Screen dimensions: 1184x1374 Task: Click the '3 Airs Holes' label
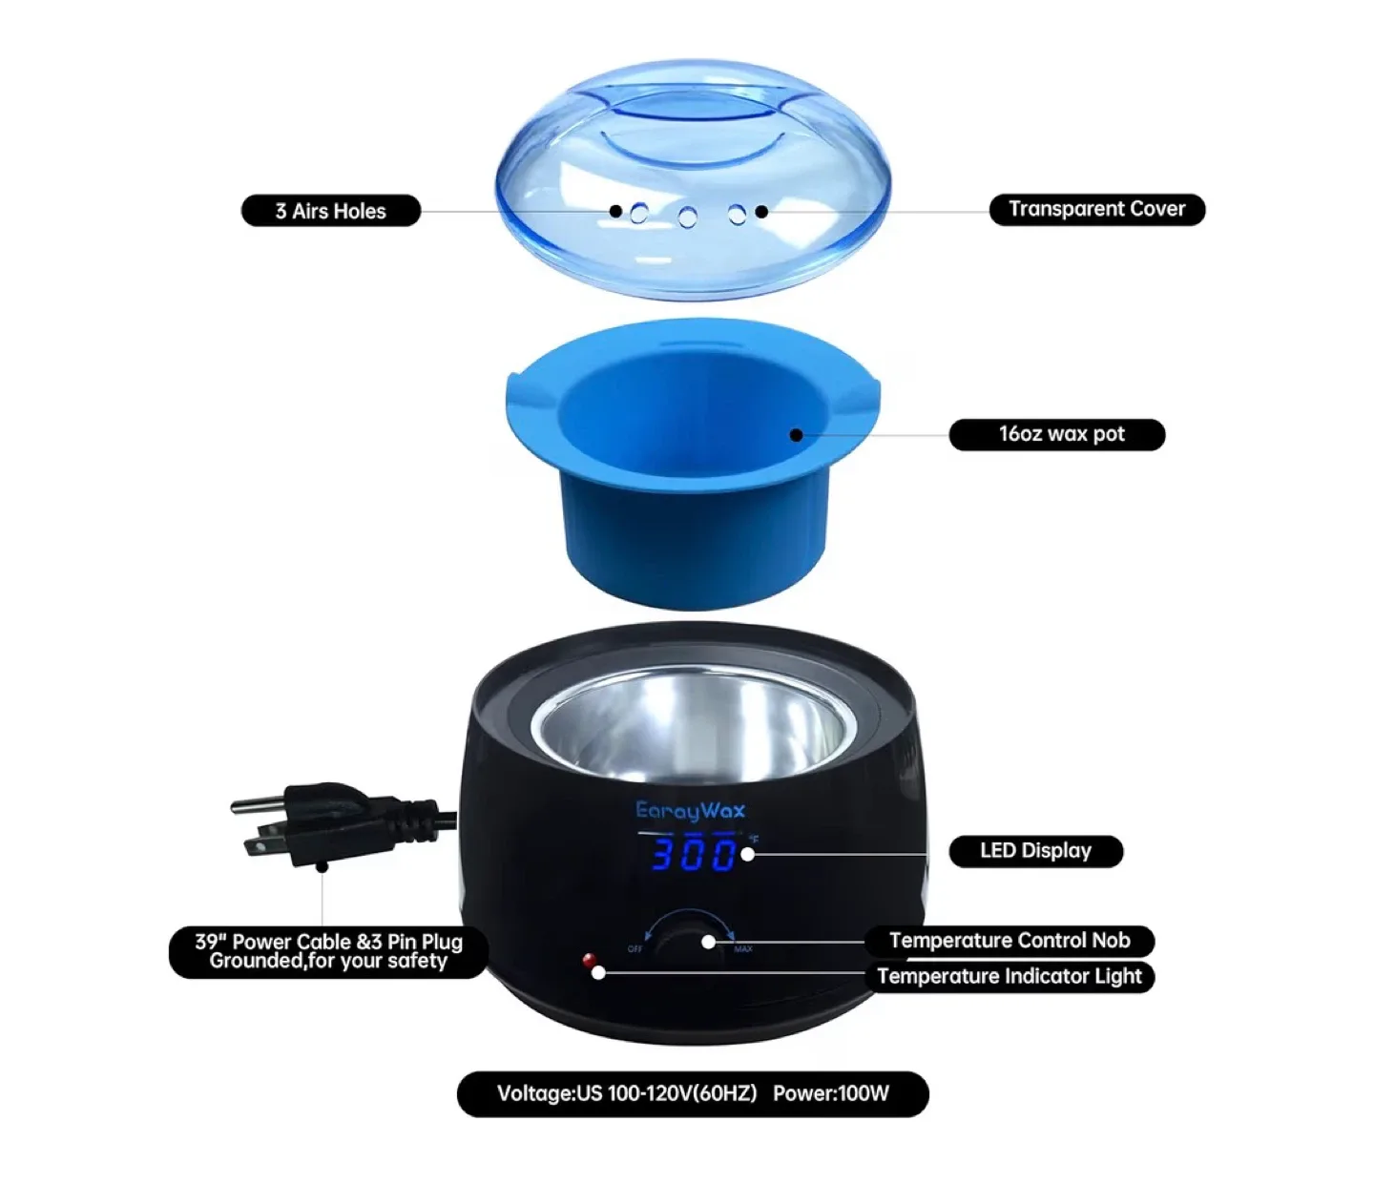330,211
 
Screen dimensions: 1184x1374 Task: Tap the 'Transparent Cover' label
1096,209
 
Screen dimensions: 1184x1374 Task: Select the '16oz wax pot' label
1057,434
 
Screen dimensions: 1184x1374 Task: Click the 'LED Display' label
1035,851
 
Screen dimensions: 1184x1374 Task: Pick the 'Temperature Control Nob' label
1009,941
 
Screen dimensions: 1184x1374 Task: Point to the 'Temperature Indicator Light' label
1009,976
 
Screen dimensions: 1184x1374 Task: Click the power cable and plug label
328,951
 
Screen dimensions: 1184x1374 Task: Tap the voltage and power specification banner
693,1093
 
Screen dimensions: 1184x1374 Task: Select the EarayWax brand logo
690,811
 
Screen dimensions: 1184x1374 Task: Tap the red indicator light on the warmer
589,959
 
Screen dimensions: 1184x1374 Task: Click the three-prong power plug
315,823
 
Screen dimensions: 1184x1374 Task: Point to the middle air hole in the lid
687,218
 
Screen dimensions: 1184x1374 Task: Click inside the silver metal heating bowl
687,730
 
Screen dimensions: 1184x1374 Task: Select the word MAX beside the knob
743,949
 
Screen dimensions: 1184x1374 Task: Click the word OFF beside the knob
635,949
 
